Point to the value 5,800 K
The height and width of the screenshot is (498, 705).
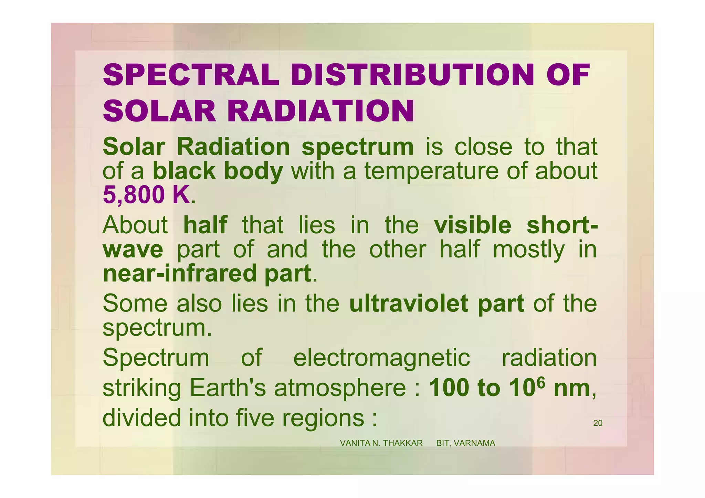click(x=146, y=195)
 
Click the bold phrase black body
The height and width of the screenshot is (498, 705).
click(x=218, y=171)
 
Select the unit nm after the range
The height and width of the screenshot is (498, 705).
click(x=572, y=388)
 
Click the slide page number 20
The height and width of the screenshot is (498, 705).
click(x=598, y=423)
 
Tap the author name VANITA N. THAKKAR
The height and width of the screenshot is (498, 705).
click(x=381, y=443)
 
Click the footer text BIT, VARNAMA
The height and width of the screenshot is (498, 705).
click(x=465, y=443)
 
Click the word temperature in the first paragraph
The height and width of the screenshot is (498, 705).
click(x=431, y=171)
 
